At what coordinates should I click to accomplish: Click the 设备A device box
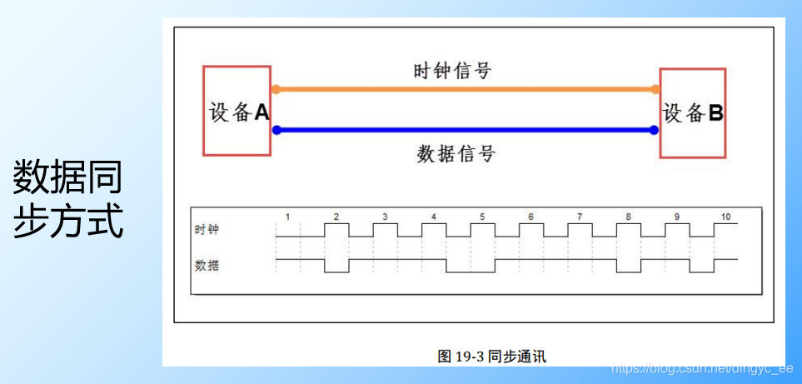point(237,112)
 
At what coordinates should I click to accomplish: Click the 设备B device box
point(693,113)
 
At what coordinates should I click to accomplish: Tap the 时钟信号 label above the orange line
point(452,70)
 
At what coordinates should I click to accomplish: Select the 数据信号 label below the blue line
point(456,153)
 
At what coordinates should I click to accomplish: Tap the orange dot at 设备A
point(276,89)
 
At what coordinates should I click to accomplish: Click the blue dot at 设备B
point(655,130)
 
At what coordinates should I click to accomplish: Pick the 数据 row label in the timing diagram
point(207,266)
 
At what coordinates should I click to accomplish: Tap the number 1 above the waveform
point(287,217)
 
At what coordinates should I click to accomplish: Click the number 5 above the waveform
point(482,217)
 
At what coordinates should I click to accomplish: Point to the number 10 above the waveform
point(725,217)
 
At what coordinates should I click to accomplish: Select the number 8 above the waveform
point(629,217)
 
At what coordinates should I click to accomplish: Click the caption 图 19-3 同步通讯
point(491,356)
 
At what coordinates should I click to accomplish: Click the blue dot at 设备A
point(276,130)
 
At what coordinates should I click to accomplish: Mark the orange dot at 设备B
point(655,89)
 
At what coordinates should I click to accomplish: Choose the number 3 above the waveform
point(385,217)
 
